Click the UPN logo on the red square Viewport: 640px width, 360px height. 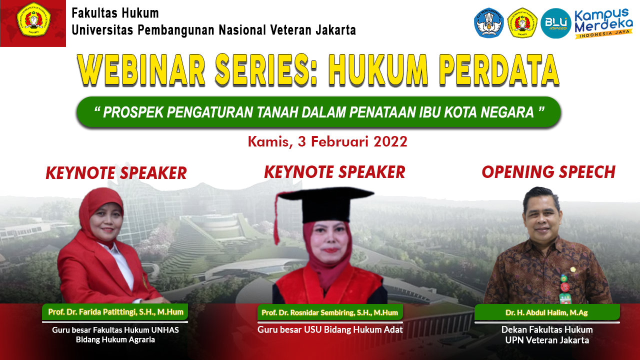click(x=33, y=19)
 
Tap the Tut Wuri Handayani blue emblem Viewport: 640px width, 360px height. click(x=489, y=23)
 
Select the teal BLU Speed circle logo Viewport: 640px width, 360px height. click(x=555, y=23)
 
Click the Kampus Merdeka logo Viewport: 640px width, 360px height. click(x=603, y=23)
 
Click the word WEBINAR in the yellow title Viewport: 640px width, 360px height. click(x=141, y=70)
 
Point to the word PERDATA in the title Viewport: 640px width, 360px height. click(x=499, y=70)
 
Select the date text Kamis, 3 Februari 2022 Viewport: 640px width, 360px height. click(x=327, y=141)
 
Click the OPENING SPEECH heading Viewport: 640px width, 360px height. click(x=548, y=172)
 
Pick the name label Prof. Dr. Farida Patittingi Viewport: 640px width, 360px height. click(x=115, y=311)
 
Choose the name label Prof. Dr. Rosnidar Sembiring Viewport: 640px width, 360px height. click(x=329, y=312)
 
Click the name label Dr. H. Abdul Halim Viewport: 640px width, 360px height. click(x=547, y=312)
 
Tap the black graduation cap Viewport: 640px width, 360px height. click(x=325, y=203)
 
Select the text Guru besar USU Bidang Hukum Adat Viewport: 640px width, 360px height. click(x=330, y=329)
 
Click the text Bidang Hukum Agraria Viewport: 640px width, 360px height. click(x=115, y=339)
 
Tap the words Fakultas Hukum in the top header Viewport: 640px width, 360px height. click(x=115, y=13)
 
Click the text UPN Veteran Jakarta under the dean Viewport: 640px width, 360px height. click(x=547, y=340)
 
